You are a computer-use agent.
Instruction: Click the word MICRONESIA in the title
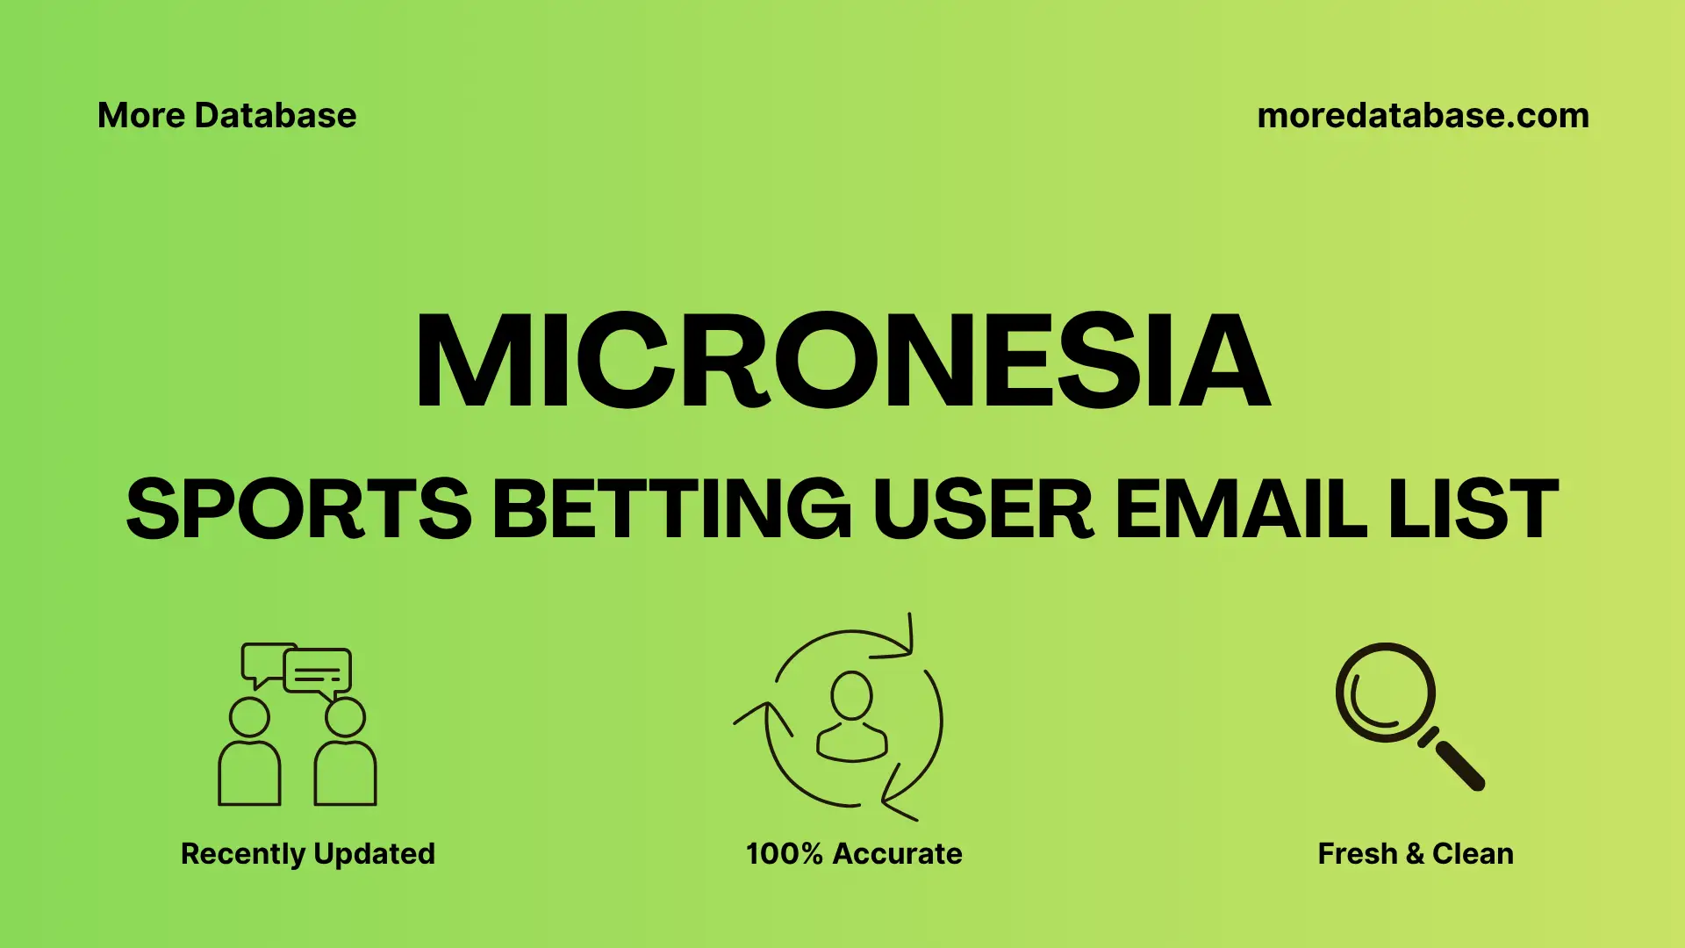click(842, 361)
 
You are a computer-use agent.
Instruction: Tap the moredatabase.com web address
click(1423, 116)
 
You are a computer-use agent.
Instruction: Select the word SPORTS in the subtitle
click(299, 509)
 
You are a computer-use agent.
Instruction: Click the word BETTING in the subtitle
click(671, 509)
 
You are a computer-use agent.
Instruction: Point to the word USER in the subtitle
click(982, 509)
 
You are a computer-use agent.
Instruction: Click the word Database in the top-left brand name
click(276, 116)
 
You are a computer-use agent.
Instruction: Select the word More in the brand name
click(140, 116)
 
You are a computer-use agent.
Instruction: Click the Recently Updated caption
click(308, 853)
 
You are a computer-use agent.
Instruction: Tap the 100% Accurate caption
click(854, 853)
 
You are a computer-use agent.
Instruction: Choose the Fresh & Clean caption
click(1416, 853)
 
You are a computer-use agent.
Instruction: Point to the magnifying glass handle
click(1459, 765)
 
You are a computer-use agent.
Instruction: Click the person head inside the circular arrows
click(851, 695)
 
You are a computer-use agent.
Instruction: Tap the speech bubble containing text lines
click(318, 672)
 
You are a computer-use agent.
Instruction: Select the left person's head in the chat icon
click(249, 717)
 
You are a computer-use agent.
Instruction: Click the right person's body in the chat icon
click(345, 774)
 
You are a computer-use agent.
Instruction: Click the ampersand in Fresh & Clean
click(1414, 853)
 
